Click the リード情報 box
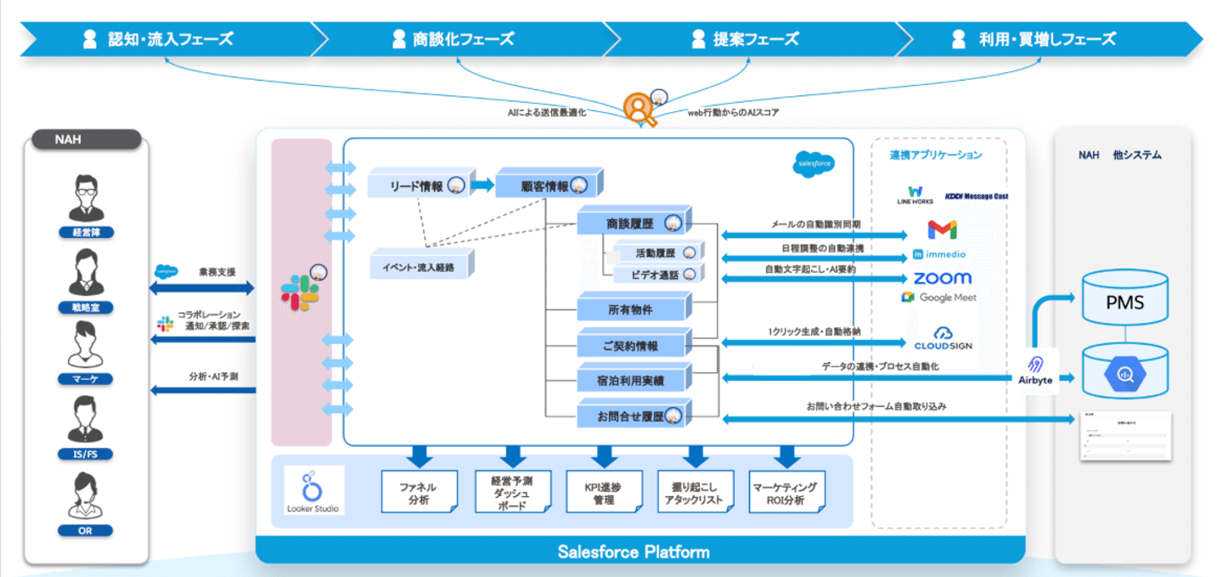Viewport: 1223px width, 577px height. (416, 185)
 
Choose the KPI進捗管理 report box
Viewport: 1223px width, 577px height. (604, 493)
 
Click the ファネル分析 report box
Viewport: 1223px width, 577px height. (419, 493)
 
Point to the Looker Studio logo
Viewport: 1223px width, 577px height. (313, 489)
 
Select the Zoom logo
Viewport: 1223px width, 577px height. (942, 278)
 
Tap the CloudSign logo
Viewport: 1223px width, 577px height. (943, 338)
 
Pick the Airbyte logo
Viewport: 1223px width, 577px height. (1035, 371)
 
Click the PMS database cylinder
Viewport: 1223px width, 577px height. (1124, 301)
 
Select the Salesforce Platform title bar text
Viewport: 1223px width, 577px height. (633, 552)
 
